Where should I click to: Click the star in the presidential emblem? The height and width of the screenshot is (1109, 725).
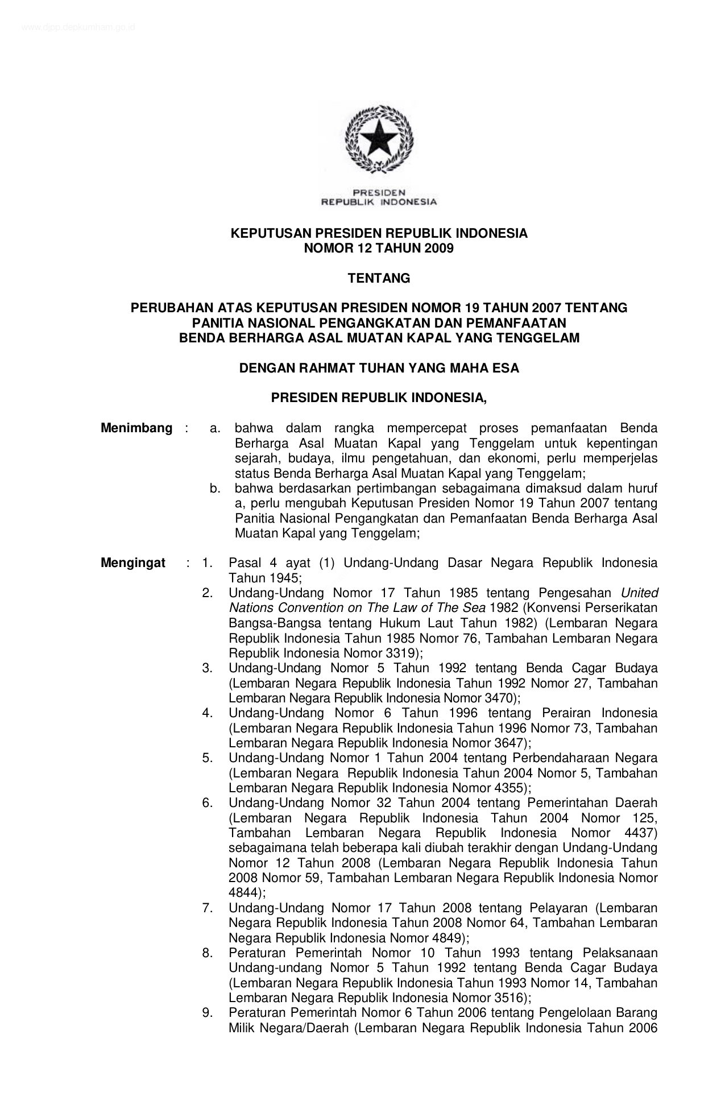pos(378,138)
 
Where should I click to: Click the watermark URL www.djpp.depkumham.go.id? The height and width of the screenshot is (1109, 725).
pos(78,27)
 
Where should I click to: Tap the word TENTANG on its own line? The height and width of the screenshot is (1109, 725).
pos(379,278)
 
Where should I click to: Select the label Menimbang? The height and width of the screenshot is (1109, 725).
pos(136,428)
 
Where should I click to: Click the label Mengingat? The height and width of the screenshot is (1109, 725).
pos(133,563)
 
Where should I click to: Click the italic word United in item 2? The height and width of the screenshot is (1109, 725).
pos(640,593)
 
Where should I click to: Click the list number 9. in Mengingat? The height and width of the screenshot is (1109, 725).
pos(208,1012)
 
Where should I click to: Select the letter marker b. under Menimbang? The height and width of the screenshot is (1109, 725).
pos(215,488)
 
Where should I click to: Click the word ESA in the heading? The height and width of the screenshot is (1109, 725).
pos(506,368)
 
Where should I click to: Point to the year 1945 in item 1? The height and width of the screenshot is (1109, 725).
pos(263,578)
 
